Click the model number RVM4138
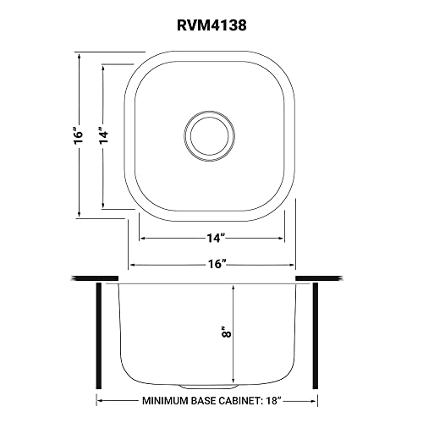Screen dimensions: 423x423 (x=211, y=25)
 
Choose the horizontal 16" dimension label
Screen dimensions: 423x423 (x=211, y=264)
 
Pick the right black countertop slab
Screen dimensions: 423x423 (x=320, y=277)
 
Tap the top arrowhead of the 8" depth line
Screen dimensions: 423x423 (x=234, y=287)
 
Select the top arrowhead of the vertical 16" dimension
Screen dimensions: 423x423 (x=80, y=54)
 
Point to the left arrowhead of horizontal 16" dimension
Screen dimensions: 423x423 (x=132, y=264)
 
